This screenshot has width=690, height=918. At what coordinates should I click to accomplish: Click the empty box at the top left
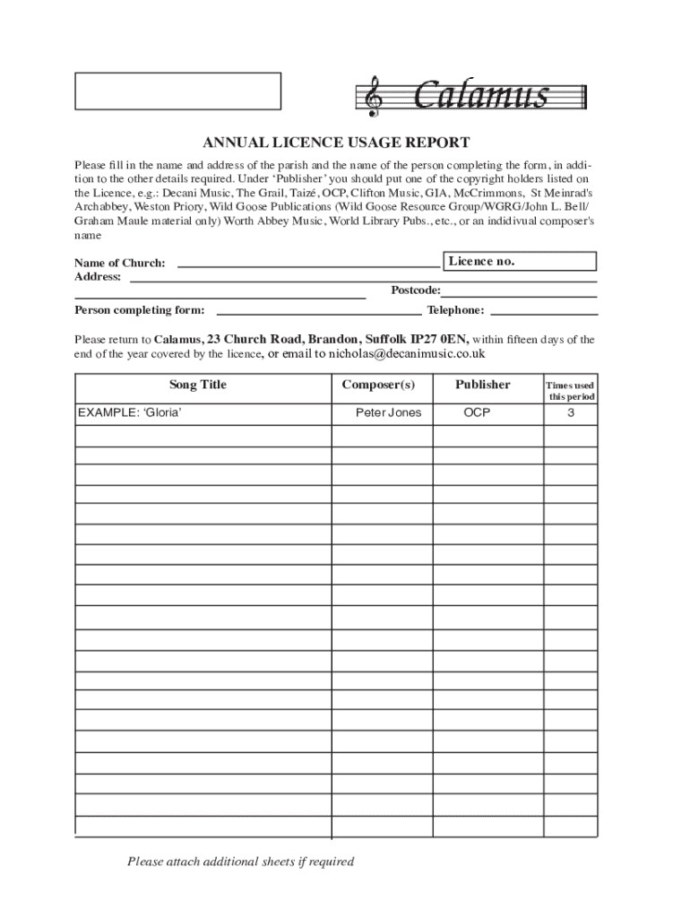click(x=177, y=91)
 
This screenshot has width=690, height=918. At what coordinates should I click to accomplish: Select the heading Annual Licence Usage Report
click(x=335, y=143)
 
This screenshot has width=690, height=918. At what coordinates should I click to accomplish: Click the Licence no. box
click(x=521, y=261)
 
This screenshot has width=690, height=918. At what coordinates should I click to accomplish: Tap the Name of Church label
click(x=119, y=263)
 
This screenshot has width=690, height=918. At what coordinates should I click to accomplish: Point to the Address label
click(x=97, y=277)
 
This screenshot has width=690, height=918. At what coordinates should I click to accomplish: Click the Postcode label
click(x=415, y=290)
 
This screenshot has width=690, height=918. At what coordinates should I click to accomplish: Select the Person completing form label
click(x=139, y=310)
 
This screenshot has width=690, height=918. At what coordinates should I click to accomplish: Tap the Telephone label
click(x=455, y=310)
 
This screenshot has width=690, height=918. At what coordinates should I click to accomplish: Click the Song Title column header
click(x=198, y=385)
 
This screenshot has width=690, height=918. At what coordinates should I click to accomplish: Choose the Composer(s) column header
click(x=378, y=385)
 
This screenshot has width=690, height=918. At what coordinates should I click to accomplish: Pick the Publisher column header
click(x=482, y=385)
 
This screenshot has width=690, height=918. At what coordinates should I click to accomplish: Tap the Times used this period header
click(x=571, y=391)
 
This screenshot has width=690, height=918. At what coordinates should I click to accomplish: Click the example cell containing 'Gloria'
click(x=123, y=413)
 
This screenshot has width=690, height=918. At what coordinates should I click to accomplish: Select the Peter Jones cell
click(x=388, y=413)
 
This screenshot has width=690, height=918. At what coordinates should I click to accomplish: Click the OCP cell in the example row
click(x=477, y=413)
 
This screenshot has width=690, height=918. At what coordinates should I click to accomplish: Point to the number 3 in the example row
click(x=571, y=413)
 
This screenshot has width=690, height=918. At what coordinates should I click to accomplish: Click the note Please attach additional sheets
click(x=240, y=862)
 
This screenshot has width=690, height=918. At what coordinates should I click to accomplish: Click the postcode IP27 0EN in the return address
click(x=439, y=340)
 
